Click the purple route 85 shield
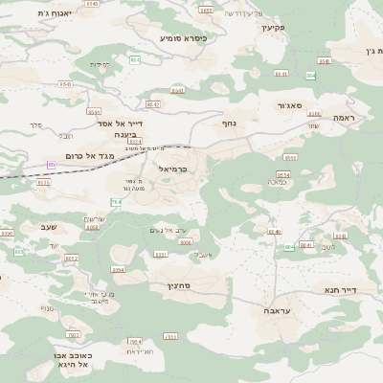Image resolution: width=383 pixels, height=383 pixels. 52,165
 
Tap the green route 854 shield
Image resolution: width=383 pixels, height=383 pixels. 134,60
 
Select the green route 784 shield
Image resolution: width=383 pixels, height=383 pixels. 116,202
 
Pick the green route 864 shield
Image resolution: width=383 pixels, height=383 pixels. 311,75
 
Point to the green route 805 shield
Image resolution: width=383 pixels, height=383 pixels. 289,247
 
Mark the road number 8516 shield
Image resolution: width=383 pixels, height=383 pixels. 44,182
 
